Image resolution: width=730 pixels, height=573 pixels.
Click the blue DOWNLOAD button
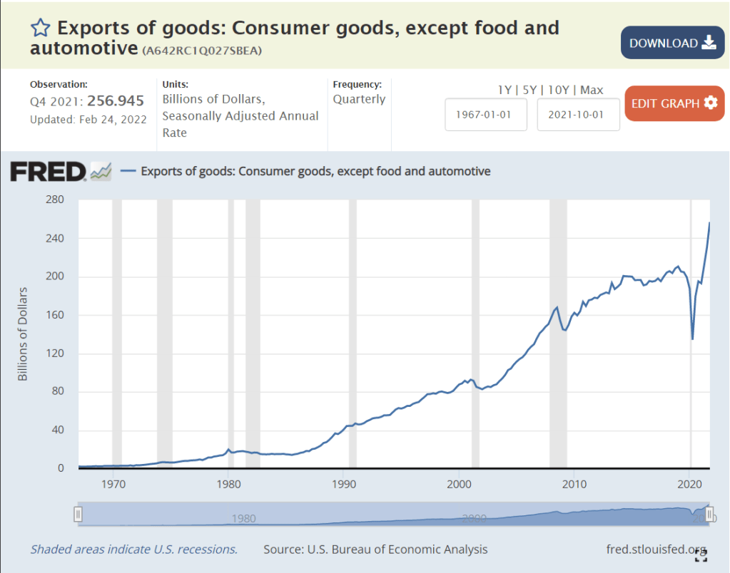[671, 43]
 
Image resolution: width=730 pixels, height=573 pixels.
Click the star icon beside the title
[40, 29]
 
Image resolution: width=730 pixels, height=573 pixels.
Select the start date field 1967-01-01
[486, 115]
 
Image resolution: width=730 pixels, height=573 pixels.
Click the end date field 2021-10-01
[578, 115]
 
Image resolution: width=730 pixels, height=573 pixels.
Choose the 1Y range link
[505, 90]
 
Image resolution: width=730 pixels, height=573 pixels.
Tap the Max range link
[592, 90]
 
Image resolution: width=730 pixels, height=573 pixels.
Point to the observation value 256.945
[116, 101]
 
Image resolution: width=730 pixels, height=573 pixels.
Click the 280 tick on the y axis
[56, 200]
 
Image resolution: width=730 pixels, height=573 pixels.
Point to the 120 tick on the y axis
[56, 353]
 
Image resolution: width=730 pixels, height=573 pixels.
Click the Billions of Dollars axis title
[23, 334]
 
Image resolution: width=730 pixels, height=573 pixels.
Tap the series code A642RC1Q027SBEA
[202, 51]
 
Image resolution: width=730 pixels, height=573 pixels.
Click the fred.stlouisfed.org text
[655, 549]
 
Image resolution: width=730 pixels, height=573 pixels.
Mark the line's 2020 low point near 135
[693, 339]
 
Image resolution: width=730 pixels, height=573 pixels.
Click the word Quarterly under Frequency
[359, 99]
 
